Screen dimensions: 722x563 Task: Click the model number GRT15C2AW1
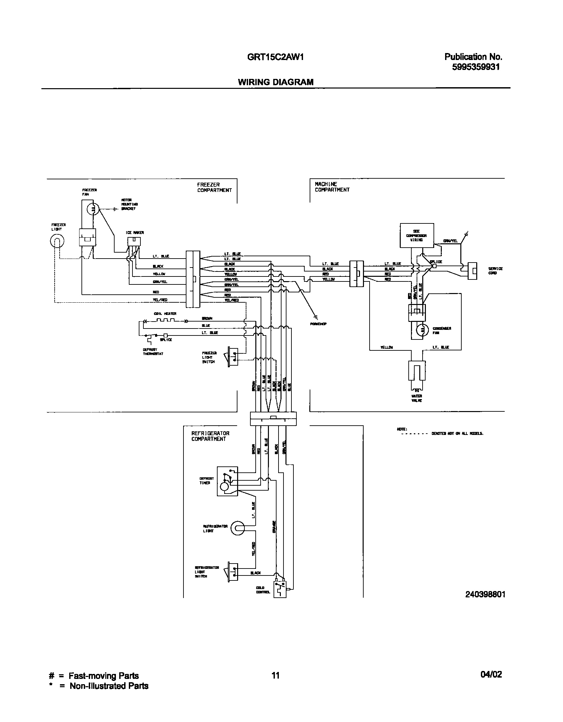(275, 57)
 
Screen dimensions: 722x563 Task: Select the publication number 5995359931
(476, 67)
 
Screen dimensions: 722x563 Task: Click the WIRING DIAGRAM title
(276, 82)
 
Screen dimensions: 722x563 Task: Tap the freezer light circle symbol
(57, 241)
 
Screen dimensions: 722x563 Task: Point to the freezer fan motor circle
(93, 209)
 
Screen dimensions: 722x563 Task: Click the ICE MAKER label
(134, 233)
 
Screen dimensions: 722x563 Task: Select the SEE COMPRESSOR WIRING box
(417, 235)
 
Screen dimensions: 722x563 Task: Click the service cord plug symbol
(472, 271)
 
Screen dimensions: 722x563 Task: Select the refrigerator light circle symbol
(238, 528)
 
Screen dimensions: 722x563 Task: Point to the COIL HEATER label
(165, 314)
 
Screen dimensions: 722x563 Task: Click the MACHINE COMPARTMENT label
(332, 187)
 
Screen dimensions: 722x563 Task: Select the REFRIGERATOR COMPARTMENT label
(210, 436)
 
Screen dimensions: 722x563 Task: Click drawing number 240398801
(485, 594)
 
